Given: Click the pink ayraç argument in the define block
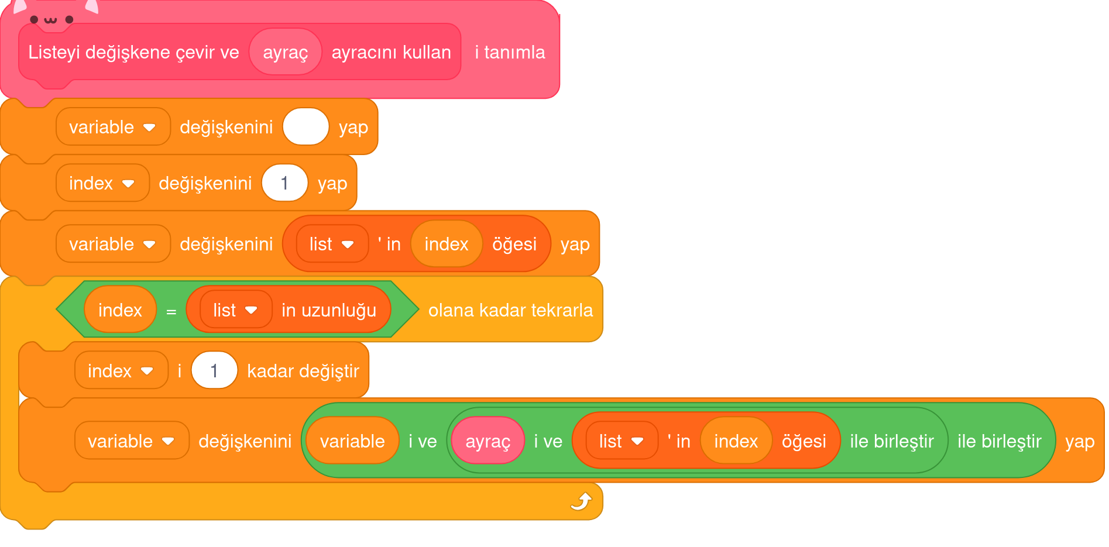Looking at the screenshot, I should pyautogui.click(x=285, y=52).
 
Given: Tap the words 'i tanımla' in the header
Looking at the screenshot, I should pyautogui.click(x=510, y=52).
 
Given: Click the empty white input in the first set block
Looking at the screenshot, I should pyautogui.click(x=305, y=127).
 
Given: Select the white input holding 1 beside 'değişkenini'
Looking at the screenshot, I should pyautogui.click(x=284, y=183).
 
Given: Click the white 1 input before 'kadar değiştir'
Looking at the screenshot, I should pyautogui.click(x=214, y=370).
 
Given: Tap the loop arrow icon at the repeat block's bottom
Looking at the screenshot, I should pyautogui.click(x=581, y=501).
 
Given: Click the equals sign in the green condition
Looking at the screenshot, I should pyautogui.click(x=171, y=311).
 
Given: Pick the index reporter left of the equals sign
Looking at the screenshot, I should pyautogui.click(x=120, y=310).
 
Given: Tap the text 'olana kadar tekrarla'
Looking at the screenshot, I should pyautogui.click(x=510, y=310).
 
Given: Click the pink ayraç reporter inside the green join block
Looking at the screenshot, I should pyautogui.click(x=487, y=441).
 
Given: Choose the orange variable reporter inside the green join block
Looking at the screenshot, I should pyautogui.click(x=352, y=441).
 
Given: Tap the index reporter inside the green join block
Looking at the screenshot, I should pyautogui.click(x=736, y=441).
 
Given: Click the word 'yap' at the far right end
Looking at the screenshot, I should pyautogui.click(x=1080, y=441).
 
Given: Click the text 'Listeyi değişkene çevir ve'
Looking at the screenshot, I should pyautogui.click(x=133, y=52).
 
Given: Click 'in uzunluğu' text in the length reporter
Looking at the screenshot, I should pyautogui.click(x=328, y=310).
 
